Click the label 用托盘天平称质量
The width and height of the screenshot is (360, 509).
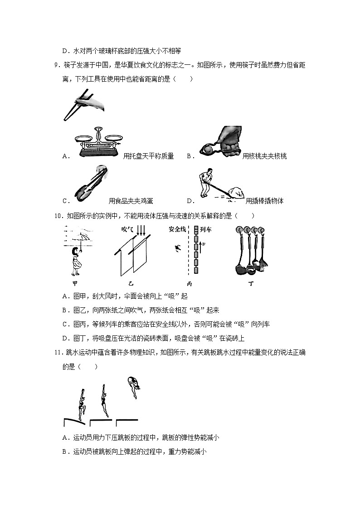coord(148,156)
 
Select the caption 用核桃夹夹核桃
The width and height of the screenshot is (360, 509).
coord(264,156)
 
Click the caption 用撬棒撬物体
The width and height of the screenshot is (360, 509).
coord(264,201)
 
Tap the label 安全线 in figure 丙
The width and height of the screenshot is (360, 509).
coord(177,230)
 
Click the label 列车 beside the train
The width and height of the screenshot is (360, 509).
coord(206,230)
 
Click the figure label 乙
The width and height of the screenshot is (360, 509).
coord(131,284)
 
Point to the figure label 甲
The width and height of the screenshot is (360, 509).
coord(75,284)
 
